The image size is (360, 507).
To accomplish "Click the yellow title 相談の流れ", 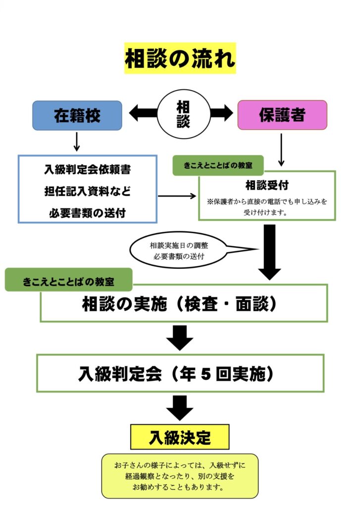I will tap(180, 58).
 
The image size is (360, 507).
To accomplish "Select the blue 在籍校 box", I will tap(77, 115).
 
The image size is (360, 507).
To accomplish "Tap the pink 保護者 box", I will tap(282, 115).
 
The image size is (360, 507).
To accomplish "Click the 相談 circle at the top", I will tap(183, 114).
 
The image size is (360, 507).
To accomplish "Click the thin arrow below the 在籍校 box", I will tap(77, 142).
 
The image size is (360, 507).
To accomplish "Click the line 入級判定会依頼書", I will tap(87, 170).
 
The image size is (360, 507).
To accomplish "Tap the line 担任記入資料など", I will tap(87, 192).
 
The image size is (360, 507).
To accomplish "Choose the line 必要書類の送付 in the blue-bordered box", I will tap(87, 213).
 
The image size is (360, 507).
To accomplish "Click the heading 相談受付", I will tap(267, 186).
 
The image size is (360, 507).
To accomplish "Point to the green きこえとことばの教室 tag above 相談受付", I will tap(218, 165).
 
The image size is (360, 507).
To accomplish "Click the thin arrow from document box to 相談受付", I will tap(177, 196).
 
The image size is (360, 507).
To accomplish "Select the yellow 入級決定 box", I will tap(180, 437).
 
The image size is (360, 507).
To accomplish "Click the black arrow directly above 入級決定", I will tap(179, 407).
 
